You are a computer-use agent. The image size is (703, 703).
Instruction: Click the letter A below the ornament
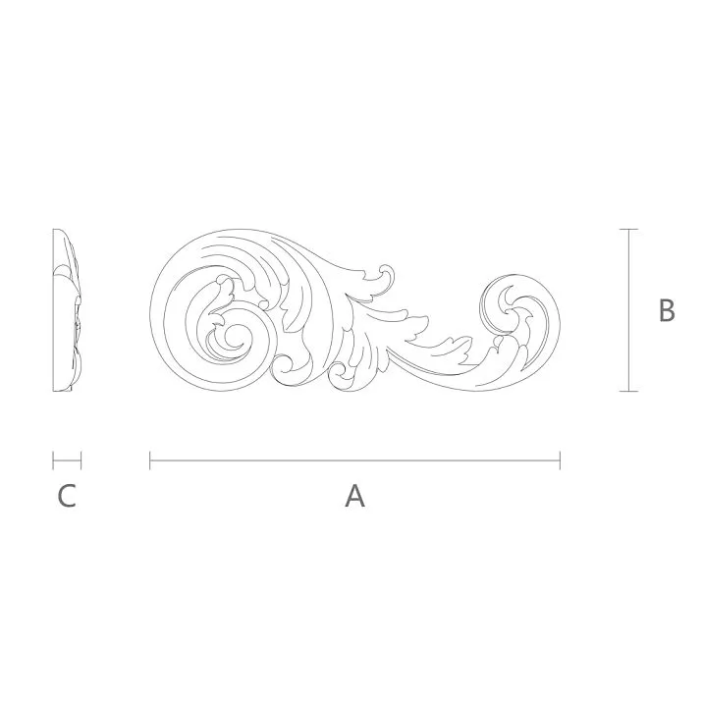point(354,496)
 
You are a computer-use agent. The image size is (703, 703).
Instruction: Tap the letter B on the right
point(667,310)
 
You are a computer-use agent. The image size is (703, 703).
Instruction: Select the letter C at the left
point(66,496)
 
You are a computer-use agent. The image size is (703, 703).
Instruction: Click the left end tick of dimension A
point(150,460)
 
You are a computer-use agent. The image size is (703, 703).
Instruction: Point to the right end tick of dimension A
point(560,460)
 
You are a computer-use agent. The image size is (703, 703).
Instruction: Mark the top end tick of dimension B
point(628,229)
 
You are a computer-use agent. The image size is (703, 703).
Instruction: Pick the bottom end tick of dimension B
point(628,391)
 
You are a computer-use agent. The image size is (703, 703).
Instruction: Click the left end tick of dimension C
point(53,460)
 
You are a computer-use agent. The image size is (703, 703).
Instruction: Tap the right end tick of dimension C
point(81,460)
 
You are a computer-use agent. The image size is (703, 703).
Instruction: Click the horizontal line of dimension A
point(354,460)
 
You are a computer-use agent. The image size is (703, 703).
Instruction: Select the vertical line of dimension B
point(628,310)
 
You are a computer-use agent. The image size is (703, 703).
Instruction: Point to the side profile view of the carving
point(67,310)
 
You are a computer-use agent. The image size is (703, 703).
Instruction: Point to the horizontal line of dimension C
point(67,460)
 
